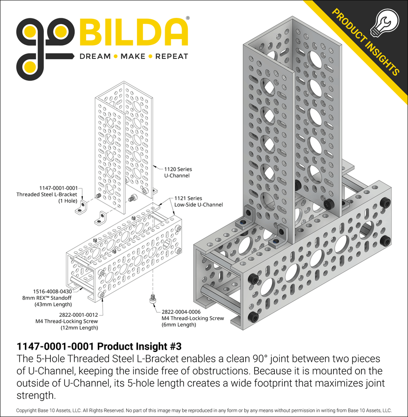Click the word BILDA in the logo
tap(133, 33)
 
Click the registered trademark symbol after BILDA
tap(188, 18)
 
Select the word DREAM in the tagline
tap(95, 56)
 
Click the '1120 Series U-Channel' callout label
tap(178, 172)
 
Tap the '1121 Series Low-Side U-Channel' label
tap(199, 202)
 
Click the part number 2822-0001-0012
tap(79, 314)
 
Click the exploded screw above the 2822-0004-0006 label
tap(153, 298)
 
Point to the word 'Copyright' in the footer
tap(27, 410)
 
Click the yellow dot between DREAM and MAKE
tap(115, 56)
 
